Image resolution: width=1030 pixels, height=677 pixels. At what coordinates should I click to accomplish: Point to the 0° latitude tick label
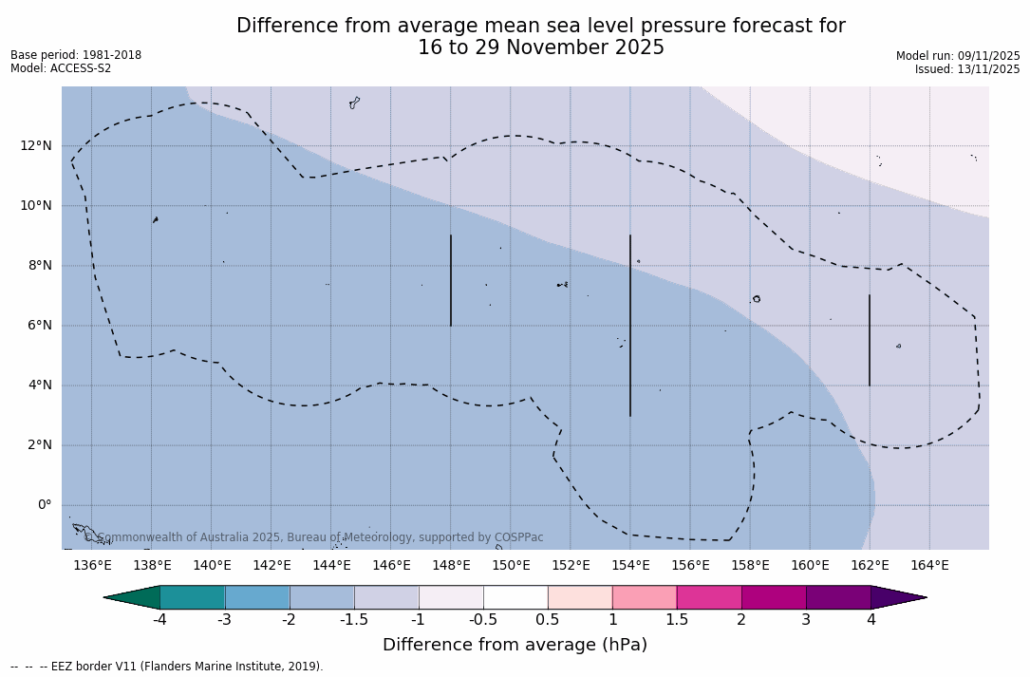[x=44, y=505]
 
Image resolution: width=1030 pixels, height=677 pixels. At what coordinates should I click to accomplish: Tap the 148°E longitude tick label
[x=451, y=565]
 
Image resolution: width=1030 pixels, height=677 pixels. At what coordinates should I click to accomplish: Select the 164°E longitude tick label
[x=929, y=565]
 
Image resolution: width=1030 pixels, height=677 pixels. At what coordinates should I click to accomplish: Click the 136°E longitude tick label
[x=92, y=565]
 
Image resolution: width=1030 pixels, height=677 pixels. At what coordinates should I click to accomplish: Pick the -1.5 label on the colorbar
[x=354, y=620]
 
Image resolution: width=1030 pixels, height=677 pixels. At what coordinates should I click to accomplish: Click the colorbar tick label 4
[x=871, y=620]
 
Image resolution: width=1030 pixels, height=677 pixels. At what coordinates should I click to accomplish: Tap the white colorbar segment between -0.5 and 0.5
[x=515, y=597]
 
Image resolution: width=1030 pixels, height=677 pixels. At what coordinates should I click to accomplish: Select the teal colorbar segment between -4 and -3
[x=193, y=597]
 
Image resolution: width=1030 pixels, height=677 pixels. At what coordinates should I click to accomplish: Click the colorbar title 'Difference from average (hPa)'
[x=515, y=645]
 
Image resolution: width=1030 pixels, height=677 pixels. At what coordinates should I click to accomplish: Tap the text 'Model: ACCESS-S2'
[x=61, y=68]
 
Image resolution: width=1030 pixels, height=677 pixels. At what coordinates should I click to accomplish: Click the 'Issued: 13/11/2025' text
[x=967, y=69]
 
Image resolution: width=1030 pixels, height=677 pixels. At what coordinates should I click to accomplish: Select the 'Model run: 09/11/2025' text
[x=958, y=56]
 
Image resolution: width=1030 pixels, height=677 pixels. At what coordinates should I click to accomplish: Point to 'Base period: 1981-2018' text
[x=76, y=55]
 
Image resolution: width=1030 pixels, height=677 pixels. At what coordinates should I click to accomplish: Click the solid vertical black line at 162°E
[x=870, y=340]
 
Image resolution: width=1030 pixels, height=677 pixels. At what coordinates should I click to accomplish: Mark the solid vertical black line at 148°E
[x=451, y=280]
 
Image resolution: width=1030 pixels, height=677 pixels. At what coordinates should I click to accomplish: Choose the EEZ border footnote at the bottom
[x=167, y=667]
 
